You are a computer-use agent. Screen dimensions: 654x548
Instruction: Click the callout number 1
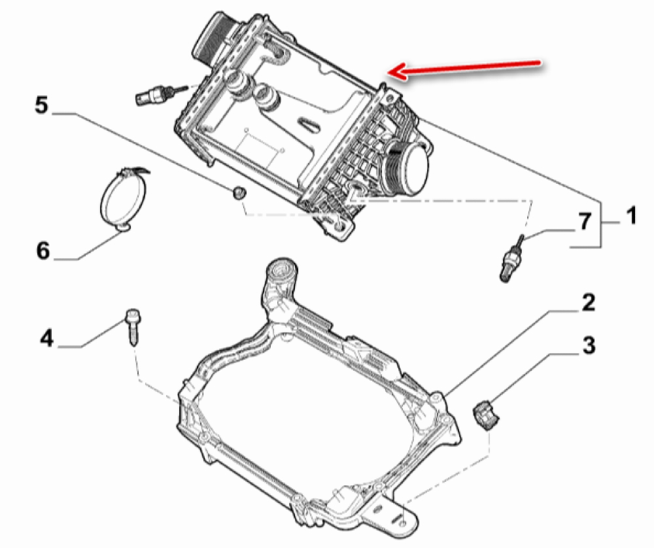click(632, 216)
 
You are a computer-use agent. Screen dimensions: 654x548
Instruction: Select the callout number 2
click(588, 302)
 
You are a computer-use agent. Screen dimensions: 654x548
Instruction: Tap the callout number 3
click(589, 346)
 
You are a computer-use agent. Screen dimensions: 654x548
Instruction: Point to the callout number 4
click(46, 337)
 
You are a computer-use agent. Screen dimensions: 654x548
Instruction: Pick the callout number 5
click(41, 105)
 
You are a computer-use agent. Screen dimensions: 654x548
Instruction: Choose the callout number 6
click(43, 250)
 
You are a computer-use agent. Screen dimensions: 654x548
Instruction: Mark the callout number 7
click(584, 221)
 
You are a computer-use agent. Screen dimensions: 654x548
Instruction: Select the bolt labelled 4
click(132, 327)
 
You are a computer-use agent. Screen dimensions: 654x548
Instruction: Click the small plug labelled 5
click(239, 192)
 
